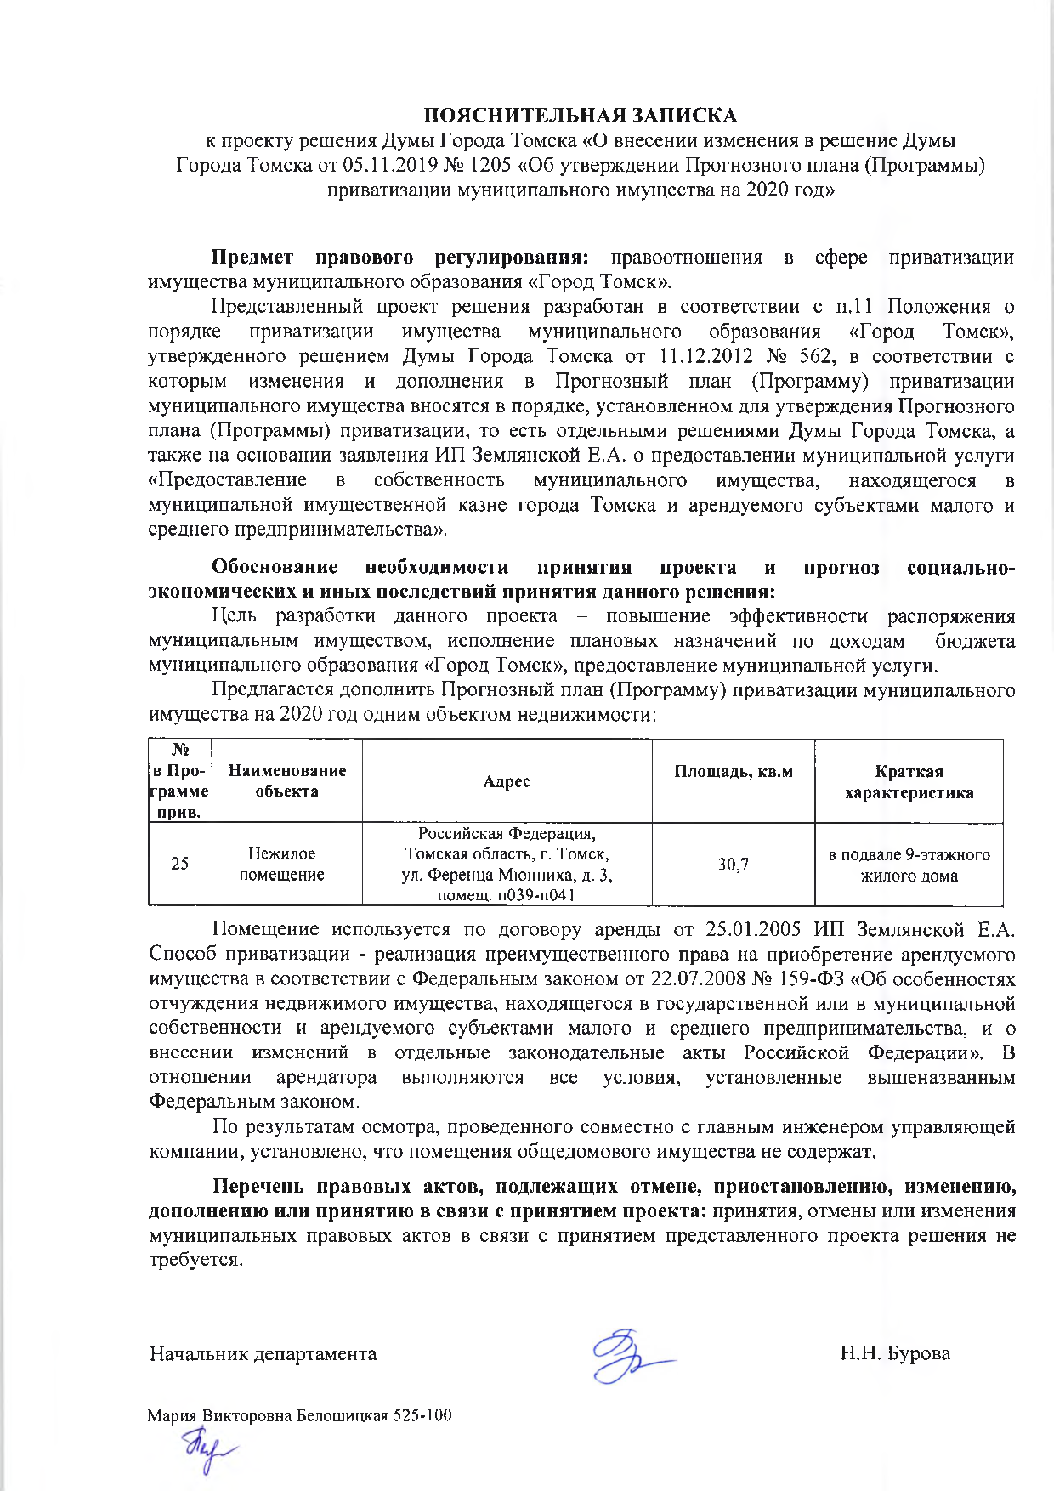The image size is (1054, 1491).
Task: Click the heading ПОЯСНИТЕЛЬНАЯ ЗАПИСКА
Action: pyautogui.click(x=581, y=116)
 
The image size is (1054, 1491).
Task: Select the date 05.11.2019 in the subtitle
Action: pyautogui.click(x=384, y=165)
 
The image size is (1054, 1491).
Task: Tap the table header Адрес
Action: pyautogui.click(x=507, y=781)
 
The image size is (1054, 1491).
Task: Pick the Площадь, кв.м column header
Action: pyautogui.click(x=733, y=772)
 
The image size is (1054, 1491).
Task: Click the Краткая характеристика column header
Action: pyautogui.click(x=909, y=782)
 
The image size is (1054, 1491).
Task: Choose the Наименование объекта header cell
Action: pyautogui.click(x=286, y=781)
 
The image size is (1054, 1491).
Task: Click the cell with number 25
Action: pyautogui.click(x=180, y=865)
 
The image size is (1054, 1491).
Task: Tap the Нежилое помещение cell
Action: pyautogui.click(x=282, y=865)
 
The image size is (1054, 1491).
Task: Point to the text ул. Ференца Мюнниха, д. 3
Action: pyautogui.click(x=507, y=875)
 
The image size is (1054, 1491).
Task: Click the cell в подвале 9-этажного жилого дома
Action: pyautogui.click(x=909, y=865)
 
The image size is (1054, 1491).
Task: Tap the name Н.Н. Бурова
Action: pyautogui.click(x=895, y=1354)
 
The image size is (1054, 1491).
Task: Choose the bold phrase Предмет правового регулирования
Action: pyautogui.click(x=400, y=258)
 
